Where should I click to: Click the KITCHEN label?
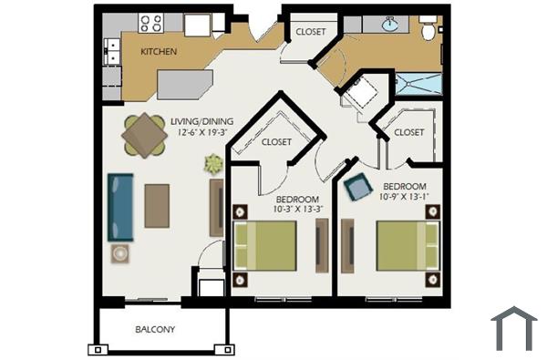159,52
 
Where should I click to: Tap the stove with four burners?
151,24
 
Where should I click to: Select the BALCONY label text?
155,329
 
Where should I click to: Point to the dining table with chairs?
143,136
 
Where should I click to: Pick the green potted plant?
213,165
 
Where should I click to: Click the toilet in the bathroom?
428,29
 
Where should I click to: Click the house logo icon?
514,329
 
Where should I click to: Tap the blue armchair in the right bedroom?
358,186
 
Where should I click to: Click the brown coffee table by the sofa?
157,205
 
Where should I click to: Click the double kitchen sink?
113,52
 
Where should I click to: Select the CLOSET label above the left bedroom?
276,142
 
